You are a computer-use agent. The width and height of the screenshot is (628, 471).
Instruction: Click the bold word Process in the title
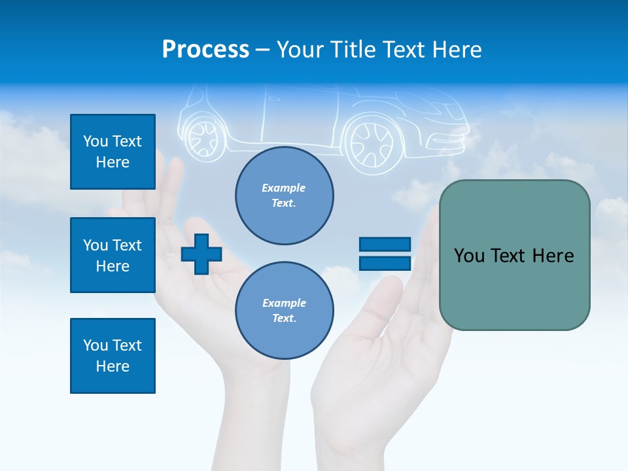[205, 49]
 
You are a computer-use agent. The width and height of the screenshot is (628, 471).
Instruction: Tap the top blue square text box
[113, 152]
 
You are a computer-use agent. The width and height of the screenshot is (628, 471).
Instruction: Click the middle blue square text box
[113, 255]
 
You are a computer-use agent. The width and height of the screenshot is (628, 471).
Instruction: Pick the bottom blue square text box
[113, 356]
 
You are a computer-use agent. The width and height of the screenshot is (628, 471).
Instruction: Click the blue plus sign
[201, 254]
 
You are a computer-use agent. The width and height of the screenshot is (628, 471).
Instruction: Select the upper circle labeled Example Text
[285, 196]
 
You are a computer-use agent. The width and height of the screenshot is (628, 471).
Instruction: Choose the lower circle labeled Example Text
[285, 311]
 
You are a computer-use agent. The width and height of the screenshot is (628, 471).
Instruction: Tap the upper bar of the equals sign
[385, 245]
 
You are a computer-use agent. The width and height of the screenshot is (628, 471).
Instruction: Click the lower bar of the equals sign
[385, 264]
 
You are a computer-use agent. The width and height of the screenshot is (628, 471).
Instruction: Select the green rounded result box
[514, 255]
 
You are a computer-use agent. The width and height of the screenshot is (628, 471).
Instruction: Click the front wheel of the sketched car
[372, 144]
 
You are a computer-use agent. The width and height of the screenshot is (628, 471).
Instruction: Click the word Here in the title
[458, 50]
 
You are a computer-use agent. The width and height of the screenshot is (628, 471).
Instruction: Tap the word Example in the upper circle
[284, 188]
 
